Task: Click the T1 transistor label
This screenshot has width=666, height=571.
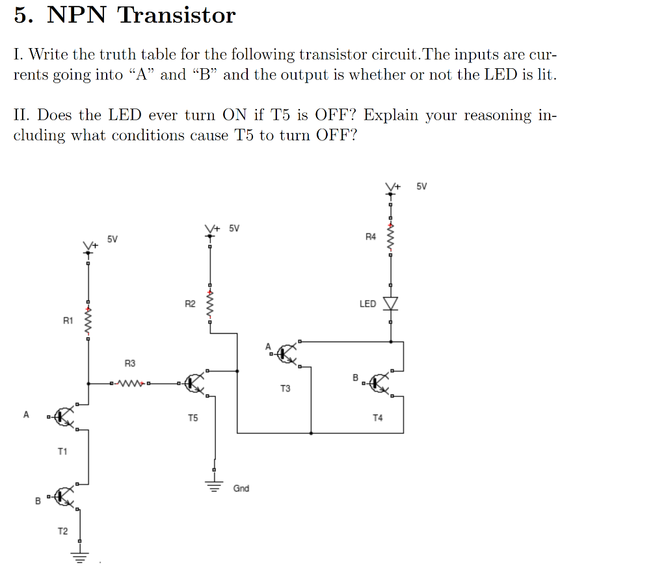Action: coord(62,451)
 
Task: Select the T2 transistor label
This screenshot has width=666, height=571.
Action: coord(62,531)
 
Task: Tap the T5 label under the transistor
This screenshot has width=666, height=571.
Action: coord(193,418)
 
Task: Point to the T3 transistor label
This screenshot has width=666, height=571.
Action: coord(286,388)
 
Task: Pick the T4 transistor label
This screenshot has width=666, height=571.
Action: coord(378,418)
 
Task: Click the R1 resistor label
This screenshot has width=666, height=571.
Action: coord(68,320)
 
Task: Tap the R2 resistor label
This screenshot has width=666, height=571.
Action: coord(190,303)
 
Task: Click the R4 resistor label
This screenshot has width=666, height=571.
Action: coord(370,236)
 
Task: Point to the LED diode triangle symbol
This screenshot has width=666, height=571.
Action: coord(390,303)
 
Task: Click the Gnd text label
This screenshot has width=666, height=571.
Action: coord(241,488)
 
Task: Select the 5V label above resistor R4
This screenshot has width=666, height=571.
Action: coord(421,187)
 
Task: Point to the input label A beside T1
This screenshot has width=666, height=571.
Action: coord(26,414)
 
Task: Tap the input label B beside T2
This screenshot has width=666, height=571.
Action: coord(38,501)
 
